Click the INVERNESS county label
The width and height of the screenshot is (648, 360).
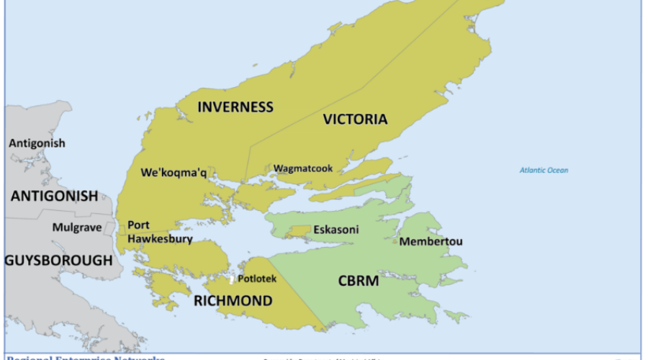point(235,107)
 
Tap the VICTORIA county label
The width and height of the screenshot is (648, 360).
point(355,119)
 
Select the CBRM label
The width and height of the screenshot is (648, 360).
point(358,281)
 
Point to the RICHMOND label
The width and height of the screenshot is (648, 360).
point(233,301)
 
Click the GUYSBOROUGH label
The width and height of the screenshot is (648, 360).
point(58,260)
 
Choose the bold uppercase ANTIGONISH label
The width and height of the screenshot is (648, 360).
point(54,196)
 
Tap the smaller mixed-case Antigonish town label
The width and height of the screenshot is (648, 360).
point(37,143)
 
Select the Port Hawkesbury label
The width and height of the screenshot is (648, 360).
point(159,232)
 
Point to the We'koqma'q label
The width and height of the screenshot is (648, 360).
point(174,173)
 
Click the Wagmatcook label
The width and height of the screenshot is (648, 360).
point(302,168)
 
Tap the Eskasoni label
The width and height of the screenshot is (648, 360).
point(336,230)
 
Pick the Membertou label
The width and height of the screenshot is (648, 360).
point(431,241)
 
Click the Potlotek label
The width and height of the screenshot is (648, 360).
point(257,278)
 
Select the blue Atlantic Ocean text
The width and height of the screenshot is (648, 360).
point(544,170)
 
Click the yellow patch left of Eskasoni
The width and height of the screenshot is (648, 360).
point(298,231)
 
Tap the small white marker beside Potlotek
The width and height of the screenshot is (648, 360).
point(231,279)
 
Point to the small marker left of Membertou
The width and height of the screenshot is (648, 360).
point(395,241)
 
